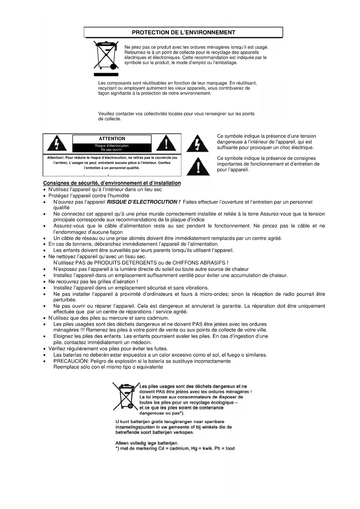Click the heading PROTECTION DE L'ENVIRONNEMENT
pyautogui.click(x=183, y=33)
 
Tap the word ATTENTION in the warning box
pyautogui.click(x=112, y=139)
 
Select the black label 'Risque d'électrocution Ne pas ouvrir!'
pyautogui.click(x=112, y=148)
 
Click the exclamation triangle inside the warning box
pyautogui.click(x=166, y=144)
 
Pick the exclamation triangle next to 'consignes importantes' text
pyautogui.click(x=198, y=167)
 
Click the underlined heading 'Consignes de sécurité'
pyautogui.click(x=112, y=183)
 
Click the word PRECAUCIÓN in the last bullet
pyautogui.click(x=70, y=361)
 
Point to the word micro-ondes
pyautogui.click(x=214, y=294)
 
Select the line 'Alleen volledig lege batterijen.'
pyautogui.click(x=147, y=443)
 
